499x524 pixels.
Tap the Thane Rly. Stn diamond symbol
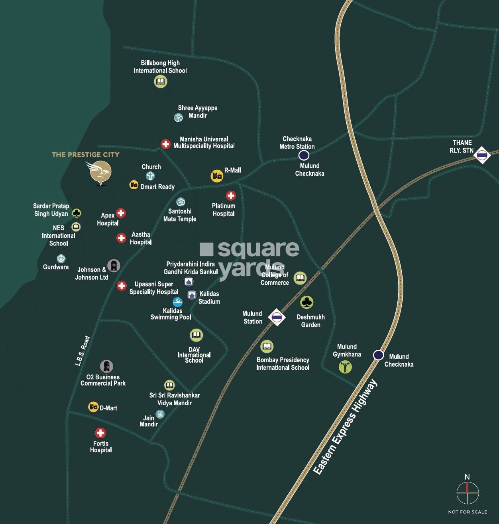(x=482, y=155)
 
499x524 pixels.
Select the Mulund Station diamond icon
(x=277, y=317)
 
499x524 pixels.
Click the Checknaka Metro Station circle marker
(x=304, y=155)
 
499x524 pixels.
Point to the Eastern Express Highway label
(x=345, y=427)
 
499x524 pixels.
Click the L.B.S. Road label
(x=83, y=351)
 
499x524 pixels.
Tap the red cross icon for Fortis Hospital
(x=100, y=433)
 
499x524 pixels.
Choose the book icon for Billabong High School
(x=160, y=82)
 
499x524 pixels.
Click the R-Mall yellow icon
(x=217, y=176)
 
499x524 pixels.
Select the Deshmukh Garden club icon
(x=306, y=302)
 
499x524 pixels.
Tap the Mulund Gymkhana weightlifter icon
(x=345, y=367)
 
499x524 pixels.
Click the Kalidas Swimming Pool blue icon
(x=177, y=302)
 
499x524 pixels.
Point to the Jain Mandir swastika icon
(x=160, y=414)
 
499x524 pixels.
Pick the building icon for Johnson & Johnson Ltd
(x=114, y=265)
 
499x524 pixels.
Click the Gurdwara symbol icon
(x=61, y=259)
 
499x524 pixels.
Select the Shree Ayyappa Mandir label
(x=198, y=112)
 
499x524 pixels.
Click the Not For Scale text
(x=468, y=512)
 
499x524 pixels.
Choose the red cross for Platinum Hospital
(x=231, y=196)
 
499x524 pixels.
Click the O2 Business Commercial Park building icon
(x=106, y=366)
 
